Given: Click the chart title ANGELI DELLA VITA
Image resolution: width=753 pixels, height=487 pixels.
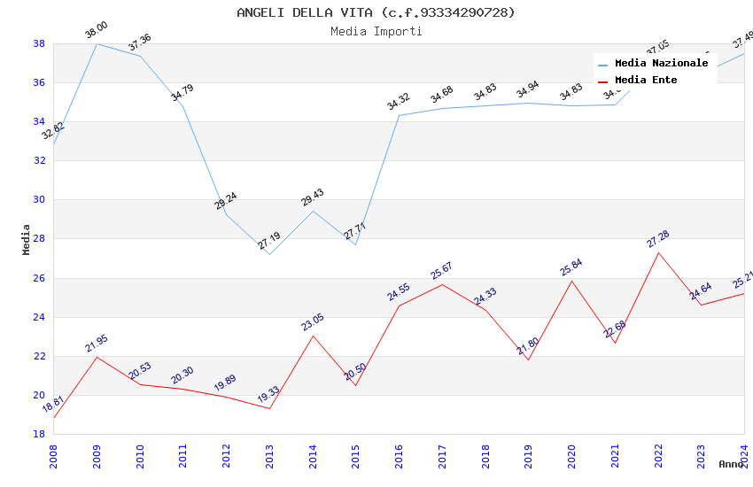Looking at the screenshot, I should point(376,12).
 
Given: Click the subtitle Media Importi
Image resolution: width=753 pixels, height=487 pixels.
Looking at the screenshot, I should point(376,31).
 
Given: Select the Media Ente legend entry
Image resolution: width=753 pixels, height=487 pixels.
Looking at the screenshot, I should point(646,80).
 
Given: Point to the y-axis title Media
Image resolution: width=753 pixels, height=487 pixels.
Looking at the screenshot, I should point(26,239).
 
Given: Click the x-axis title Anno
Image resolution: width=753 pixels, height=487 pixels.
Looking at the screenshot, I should point(731,464).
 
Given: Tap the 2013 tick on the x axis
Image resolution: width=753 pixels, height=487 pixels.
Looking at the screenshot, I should point(269,452).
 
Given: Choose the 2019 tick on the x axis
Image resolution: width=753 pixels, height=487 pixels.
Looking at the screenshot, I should point(528,452).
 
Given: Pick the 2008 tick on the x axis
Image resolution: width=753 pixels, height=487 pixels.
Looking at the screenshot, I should point(53,452).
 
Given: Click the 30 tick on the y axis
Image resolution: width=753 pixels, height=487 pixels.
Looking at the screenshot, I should point(40,200).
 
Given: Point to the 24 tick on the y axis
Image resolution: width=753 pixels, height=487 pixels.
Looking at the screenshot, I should point(40,317).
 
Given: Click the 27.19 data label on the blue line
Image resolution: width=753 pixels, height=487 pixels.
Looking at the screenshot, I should point(269,240).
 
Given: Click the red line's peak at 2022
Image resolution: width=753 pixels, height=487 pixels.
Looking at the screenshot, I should point(658,252).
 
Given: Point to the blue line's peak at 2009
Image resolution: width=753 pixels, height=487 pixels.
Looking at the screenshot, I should point(97,43).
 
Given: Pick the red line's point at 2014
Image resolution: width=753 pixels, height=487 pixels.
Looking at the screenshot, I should point(313,335).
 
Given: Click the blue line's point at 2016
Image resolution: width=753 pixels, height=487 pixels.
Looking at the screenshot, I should point(399,115).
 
